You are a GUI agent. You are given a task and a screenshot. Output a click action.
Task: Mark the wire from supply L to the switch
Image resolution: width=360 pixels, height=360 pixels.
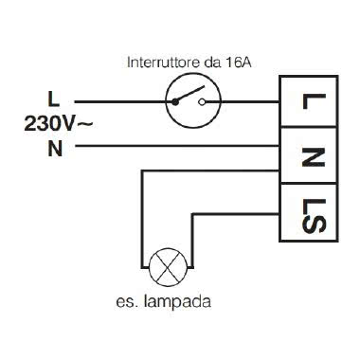(x=118, y=99)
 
